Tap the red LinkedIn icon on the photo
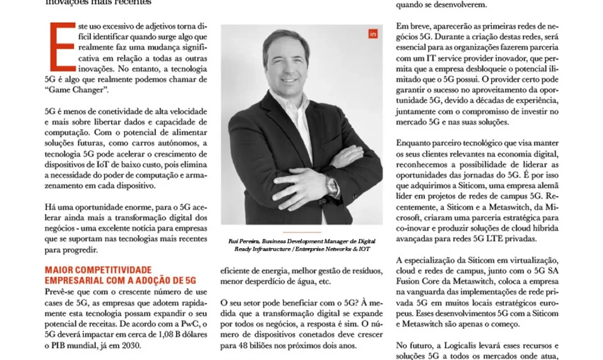[372, 34]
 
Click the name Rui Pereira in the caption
[243, 241]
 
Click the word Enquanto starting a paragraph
[415, 145]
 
